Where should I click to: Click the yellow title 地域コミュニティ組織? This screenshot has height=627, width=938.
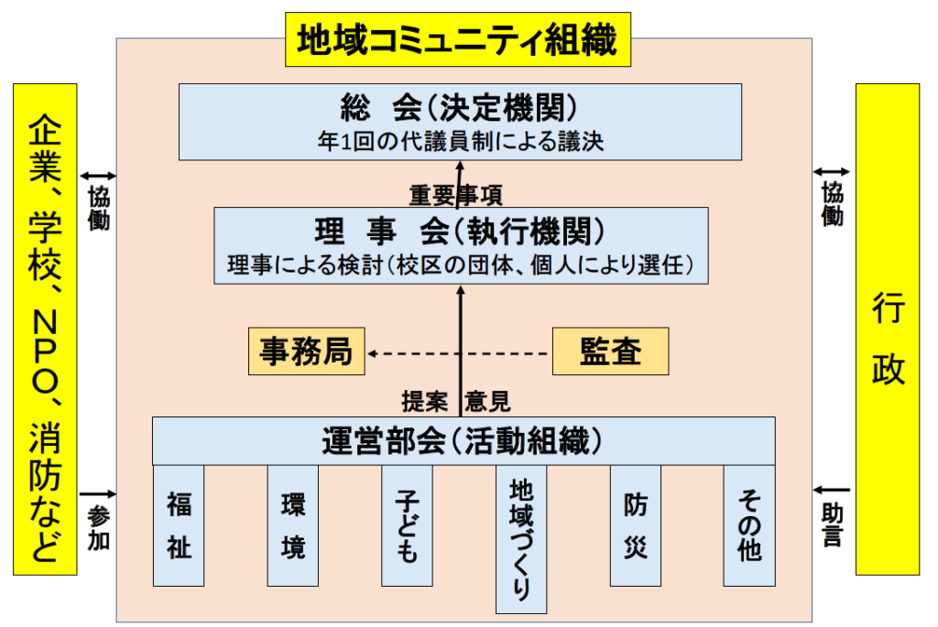pos(458,39)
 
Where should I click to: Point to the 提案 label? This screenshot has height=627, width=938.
pos(425,401)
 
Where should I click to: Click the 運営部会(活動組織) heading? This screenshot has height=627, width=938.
pos(463,441)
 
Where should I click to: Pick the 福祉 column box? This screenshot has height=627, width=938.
pos(179,525)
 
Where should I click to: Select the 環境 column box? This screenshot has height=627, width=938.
pos(293,525)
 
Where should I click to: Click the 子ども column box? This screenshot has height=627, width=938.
pos(407,525)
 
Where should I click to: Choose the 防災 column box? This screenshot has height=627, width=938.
pos(635,525)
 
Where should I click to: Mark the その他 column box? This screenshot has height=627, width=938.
pos(749,525)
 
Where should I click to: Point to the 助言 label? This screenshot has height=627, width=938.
pos(832,524)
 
